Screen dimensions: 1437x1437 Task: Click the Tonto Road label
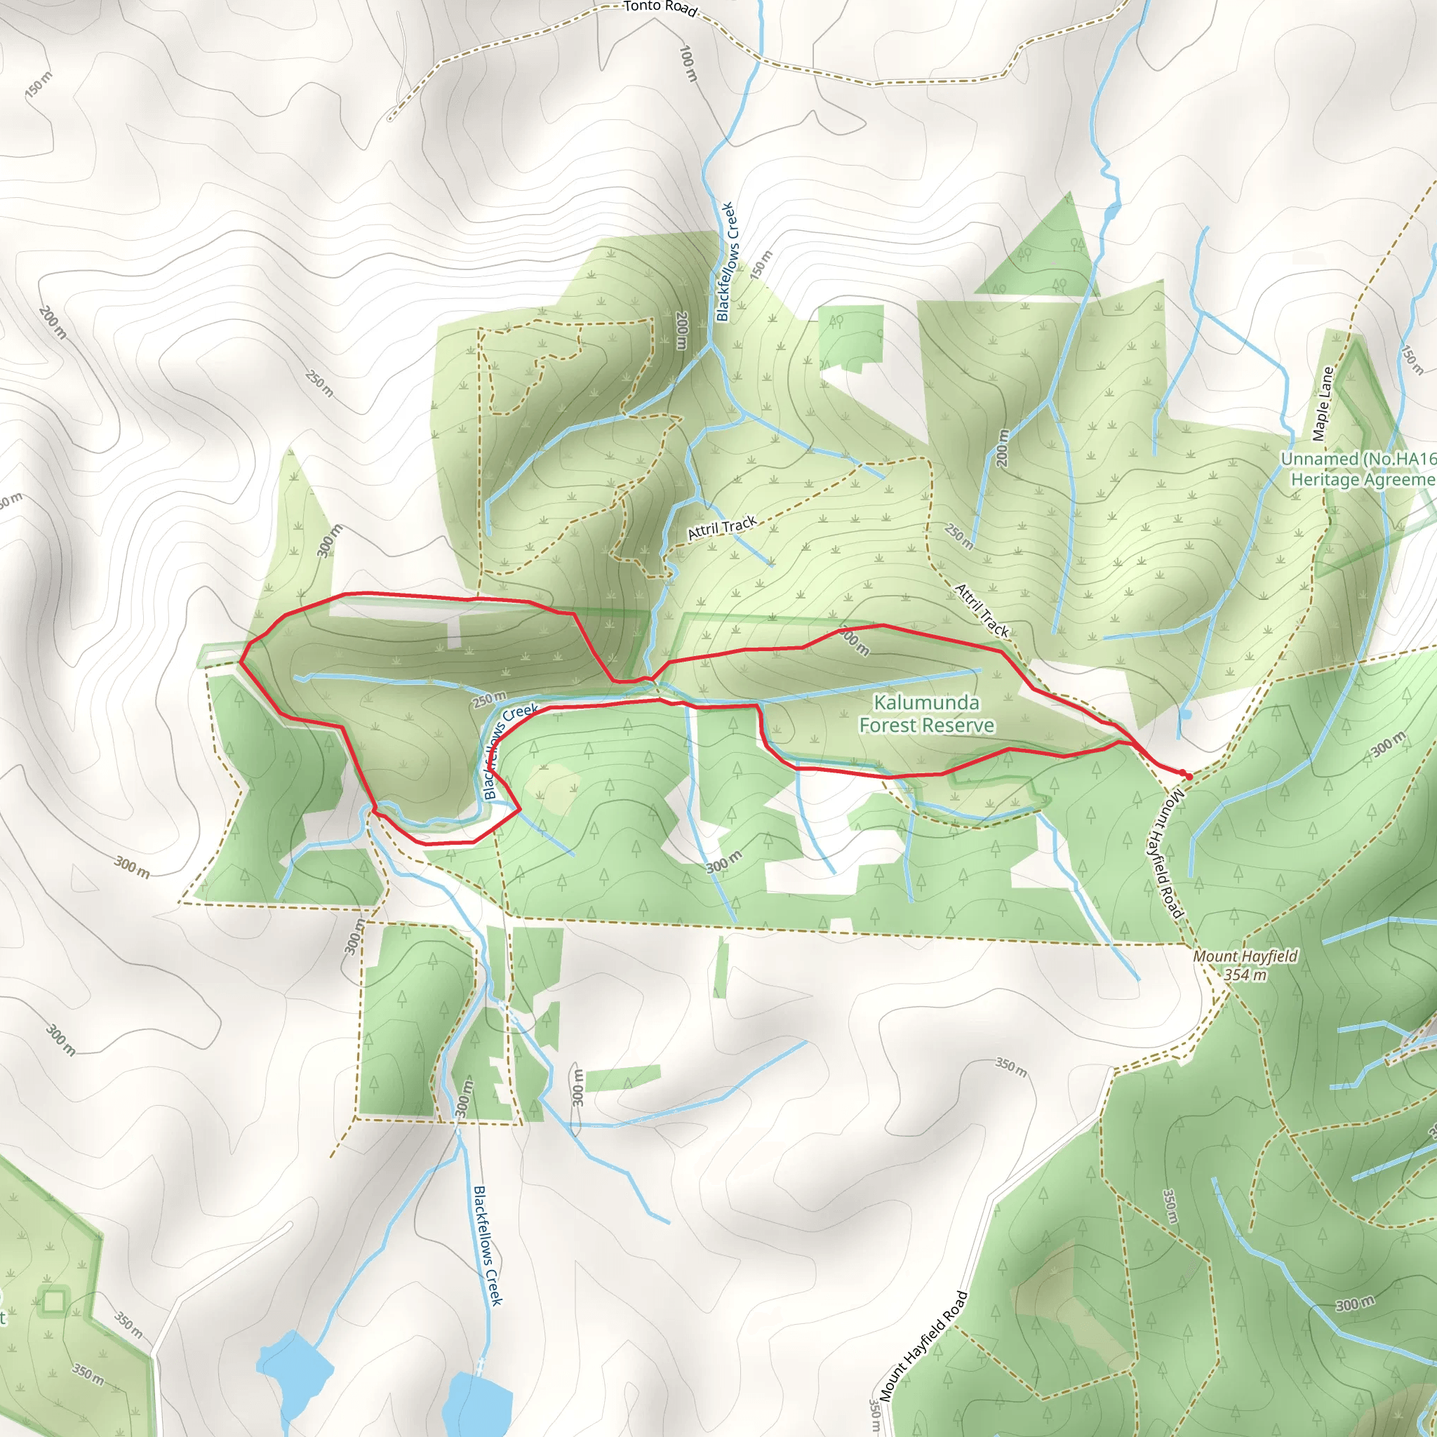tap(660, 8)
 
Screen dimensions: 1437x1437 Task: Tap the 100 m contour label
tap(689, 63)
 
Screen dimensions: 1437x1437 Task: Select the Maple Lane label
tap(1323, 404)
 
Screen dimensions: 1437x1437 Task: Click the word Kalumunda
tap(926, 702)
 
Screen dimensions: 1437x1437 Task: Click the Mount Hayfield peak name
tap(1245, 956)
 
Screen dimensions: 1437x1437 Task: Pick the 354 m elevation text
tap(1245, 975)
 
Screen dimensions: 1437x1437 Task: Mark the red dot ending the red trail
tap(1189, 777)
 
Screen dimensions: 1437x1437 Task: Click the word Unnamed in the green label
tap(1316, 460)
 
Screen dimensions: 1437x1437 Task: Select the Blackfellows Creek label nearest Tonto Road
tap(726, 261)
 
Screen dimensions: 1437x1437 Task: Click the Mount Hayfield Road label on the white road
tap(924, 1346)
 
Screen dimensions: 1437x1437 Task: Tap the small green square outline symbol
tap(53, 1301)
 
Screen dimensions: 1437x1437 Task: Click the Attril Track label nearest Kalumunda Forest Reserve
tap(982, 611)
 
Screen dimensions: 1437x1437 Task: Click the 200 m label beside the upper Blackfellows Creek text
tap(681, 330)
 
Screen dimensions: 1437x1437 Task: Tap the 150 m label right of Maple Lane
tap(1411, 359)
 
